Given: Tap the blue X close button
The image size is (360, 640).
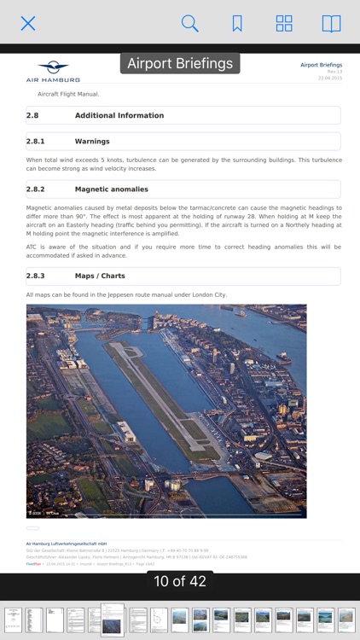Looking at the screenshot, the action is (x=28, y=23).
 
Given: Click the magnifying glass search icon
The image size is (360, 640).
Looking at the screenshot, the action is (x=189, y=23).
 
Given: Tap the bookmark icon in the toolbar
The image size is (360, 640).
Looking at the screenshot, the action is (x=237, y=23).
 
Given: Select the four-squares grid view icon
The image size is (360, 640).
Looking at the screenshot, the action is (x=284, y=23).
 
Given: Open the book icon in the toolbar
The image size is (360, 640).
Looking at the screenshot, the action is (x=331, y=23).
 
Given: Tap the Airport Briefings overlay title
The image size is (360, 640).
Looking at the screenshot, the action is (x=180, y=64).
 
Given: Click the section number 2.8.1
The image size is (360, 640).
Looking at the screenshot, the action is (x=36, y=141).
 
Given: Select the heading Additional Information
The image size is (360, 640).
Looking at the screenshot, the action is (x=119, y=115).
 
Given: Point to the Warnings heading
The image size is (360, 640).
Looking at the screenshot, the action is (x=92, y=141).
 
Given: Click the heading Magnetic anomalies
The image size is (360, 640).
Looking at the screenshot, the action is (x=111, y=189).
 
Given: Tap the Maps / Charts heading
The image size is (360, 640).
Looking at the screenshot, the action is (x=100, y=276).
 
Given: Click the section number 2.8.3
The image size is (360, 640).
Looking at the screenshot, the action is (x=36, y=276).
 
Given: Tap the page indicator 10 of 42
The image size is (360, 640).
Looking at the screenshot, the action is (x=180, y=581).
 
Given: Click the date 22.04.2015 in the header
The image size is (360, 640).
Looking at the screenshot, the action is (x=329, y=78).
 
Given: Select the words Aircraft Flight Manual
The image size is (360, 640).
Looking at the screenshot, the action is (x=68, y=93).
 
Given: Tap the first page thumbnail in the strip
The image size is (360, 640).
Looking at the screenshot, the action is (x=13, y=620).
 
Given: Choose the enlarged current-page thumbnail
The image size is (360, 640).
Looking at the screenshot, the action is (x=113, y=620).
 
